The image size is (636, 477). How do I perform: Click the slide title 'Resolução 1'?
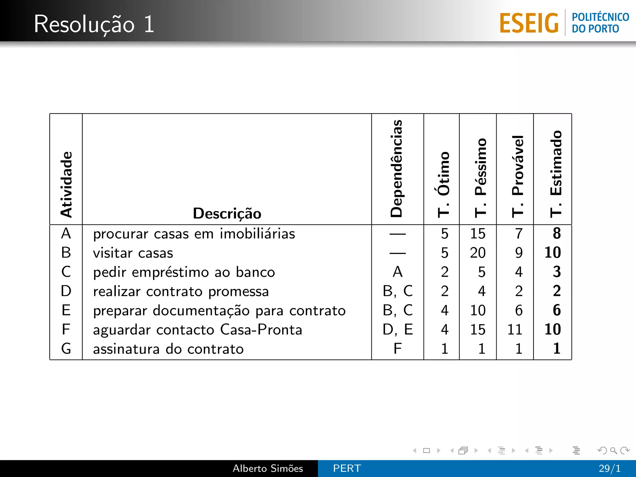(x=94, y=24)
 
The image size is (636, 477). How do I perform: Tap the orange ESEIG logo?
(x=529, y=23)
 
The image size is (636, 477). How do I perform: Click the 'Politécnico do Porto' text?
(x=600, y=23)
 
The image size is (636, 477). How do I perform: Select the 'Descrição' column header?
(x=227, y=213)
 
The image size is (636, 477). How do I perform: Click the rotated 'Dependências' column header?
(x=397, y=168)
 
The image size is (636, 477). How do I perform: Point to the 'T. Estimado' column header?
(x=556, y=174)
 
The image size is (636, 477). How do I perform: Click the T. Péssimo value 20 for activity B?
(x=478, y=253)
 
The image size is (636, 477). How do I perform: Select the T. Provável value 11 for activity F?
(x=515, y=329)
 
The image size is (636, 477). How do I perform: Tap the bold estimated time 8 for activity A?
(x=557, y=234)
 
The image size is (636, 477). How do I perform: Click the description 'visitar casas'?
(x=133, y=253)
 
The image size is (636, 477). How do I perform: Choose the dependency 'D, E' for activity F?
(x=398, y=329)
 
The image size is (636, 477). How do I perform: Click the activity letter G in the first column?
(x=66, y=349)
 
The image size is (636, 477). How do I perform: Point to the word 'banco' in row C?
(x=255, y=272)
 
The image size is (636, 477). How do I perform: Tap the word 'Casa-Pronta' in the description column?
(x=261, y=329)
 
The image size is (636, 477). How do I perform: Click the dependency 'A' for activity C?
(x=398, y=272)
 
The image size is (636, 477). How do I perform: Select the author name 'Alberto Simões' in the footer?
(x=268, y=468)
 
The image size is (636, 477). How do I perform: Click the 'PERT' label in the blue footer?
(x=347, y=468)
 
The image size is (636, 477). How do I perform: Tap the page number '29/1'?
(x=610, y=468)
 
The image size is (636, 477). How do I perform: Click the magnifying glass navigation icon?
(x=614, y=450)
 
